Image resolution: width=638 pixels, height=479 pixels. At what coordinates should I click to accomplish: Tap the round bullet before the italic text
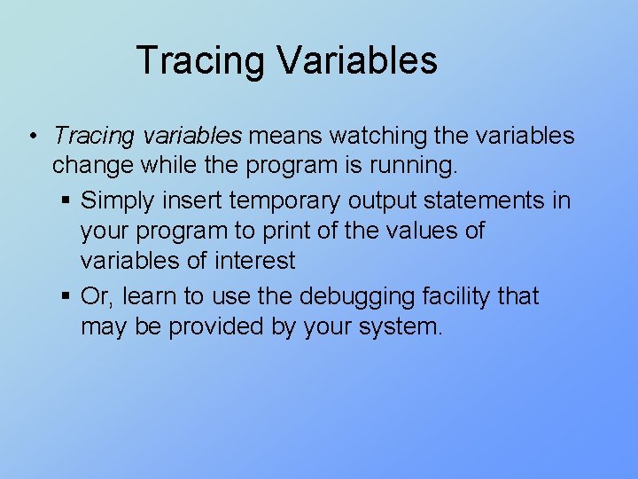click(x=31, y=137)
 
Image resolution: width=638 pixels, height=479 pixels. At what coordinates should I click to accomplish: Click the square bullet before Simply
click(x=67, y=201)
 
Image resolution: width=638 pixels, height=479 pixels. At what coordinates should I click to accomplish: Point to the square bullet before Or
click(x=67, y=296)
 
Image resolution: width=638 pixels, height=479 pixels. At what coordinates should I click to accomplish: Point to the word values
click(x=432, y=232)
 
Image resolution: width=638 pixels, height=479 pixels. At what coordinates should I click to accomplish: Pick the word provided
click(x=210, y=327)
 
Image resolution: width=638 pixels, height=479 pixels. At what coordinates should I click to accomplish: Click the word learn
click(x=155, y=295)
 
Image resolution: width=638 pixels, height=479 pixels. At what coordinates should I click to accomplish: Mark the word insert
click(x=198, y=200)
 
